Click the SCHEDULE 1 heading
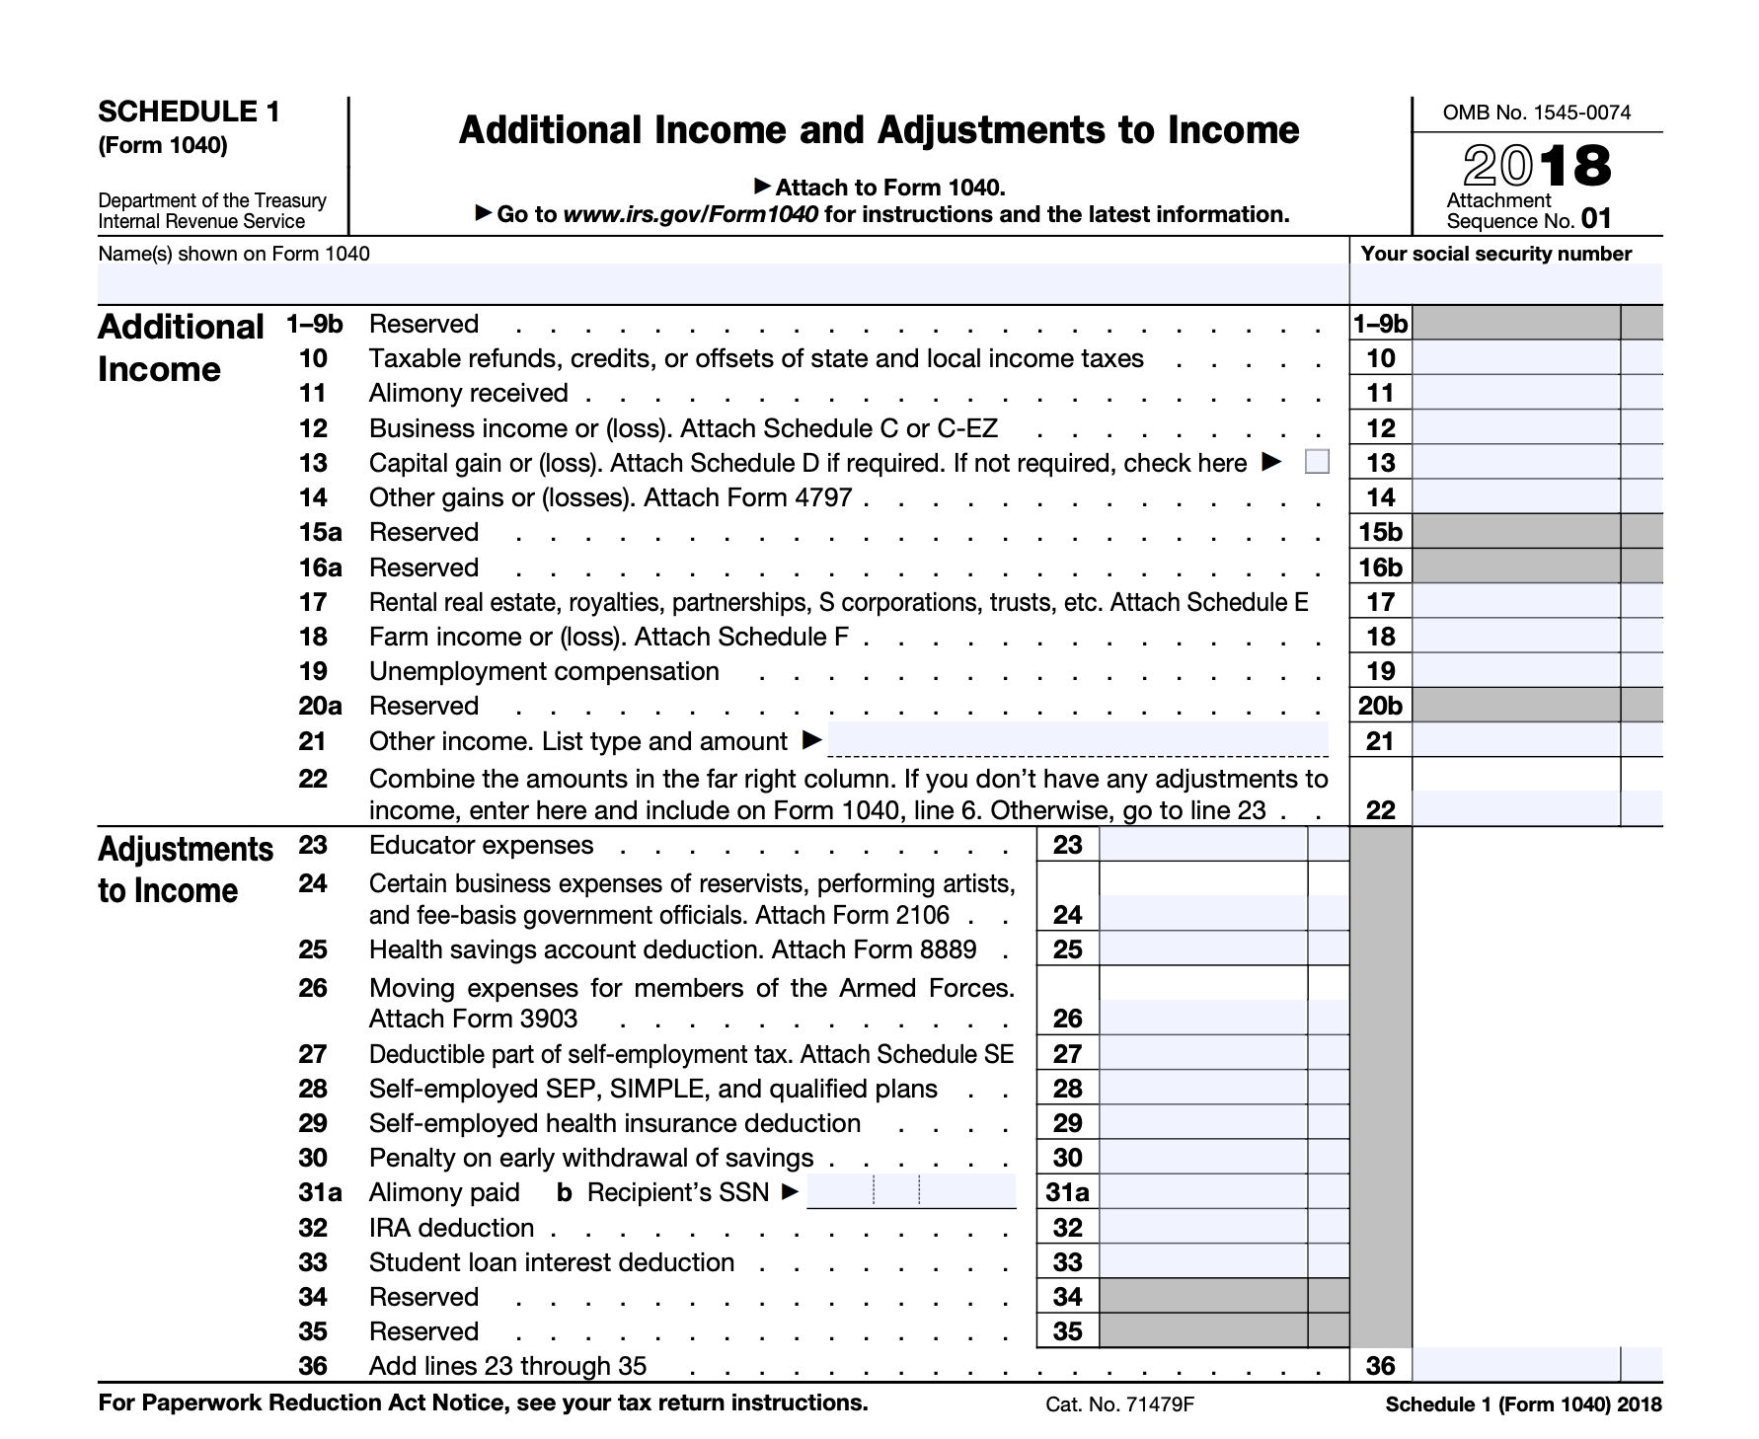coord(189,112)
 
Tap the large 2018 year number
coord(1537,166)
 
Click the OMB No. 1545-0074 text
coord(1537,113)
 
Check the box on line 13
coord(1317,462)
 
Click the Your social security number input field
coord(1505,284)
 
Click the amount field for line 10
coord(1515,358)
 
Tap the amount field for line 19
coord(1515,671)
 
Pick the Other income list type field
coord(1077,739)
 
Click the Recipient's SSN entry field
coord(910,1191)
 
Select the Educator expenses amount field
coord(1202,845)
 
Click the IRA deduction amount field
coord(1202,1228)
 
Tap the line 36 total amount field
coord(1515,1366)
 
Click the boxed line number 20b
coord(1380,706)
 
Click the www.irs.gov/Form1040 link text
coord(690,214)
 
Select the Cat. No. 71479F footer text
coord(1119,1404)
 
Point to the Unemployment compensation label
coord(544,671)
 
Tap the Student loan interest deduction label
coord(552,1262)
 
